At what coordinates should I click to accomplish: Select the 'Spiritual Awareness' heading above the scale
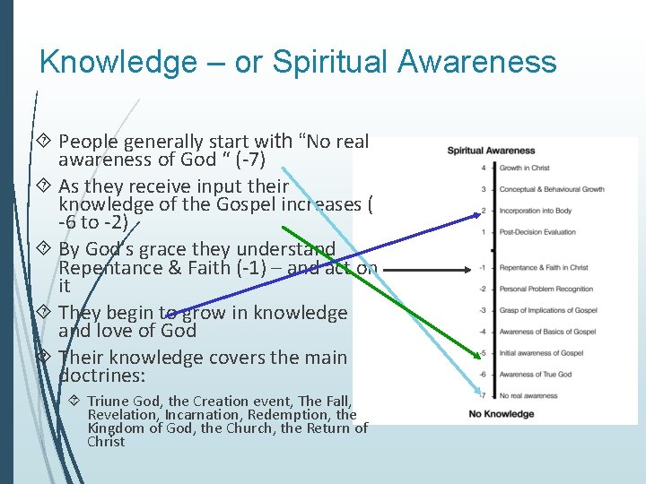[x=491, y=151]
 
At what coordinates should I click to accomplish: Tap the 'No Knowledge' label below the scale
[x=501, y=413]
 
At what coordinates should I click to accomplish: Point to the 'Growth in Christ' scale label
[x=524, y=168]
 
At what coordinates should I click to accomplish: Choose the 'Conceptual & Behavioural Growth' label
[x=551, y=189]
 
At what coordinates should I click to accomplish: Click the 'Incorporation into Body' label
[x=535, y=211]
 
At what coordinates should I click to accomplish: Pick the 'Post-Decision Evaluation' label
[x=537, y=231]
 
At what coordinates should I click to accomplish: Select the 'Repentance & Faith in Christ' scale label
[x=543, y=267]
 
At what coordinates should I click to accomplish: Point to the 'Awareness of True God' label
[x=535, y=374]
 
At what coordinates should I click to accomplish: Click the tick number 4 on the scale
[x=483, y=168]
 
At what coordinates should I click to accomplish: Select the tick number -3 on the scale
[x=482, y=310]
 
